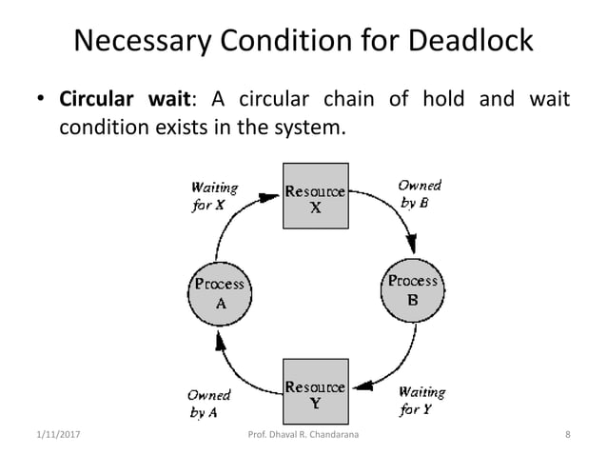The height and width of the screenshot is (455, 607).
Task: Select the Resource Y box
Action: click(316, 395)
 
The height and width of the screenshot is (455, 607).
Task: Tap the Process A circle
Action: click(220, 294)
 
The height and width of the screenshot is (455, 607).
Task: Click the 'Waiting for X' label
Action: click(215, 196)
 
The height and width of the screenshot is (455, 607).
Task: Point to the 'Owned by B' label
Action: click(419, 194)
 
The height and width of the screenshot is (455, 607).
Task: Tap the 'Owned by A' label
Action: click(207, 406)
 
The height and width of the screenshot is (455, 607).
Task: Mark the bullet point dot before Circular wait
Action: click(42, 101)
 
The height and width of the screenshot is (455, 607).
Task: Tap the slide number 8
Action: click(567, 436)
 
